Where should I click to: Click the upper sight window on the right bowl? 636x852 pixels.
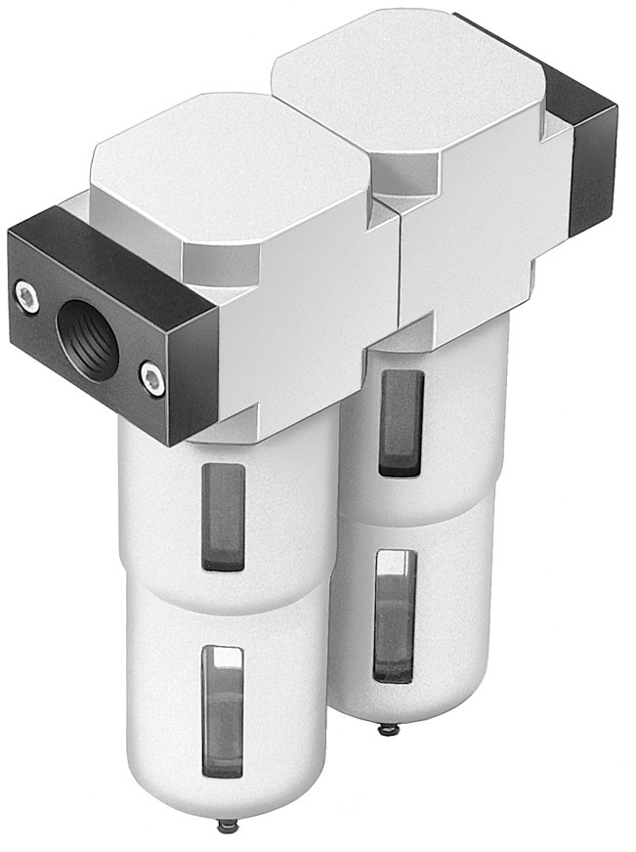402,421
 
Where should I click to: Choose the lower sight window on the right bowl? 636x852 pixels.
396,616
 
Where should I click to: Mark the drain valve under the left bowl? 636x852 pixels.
229,827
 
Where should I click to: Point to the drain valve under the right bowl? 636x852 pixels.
389,728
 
